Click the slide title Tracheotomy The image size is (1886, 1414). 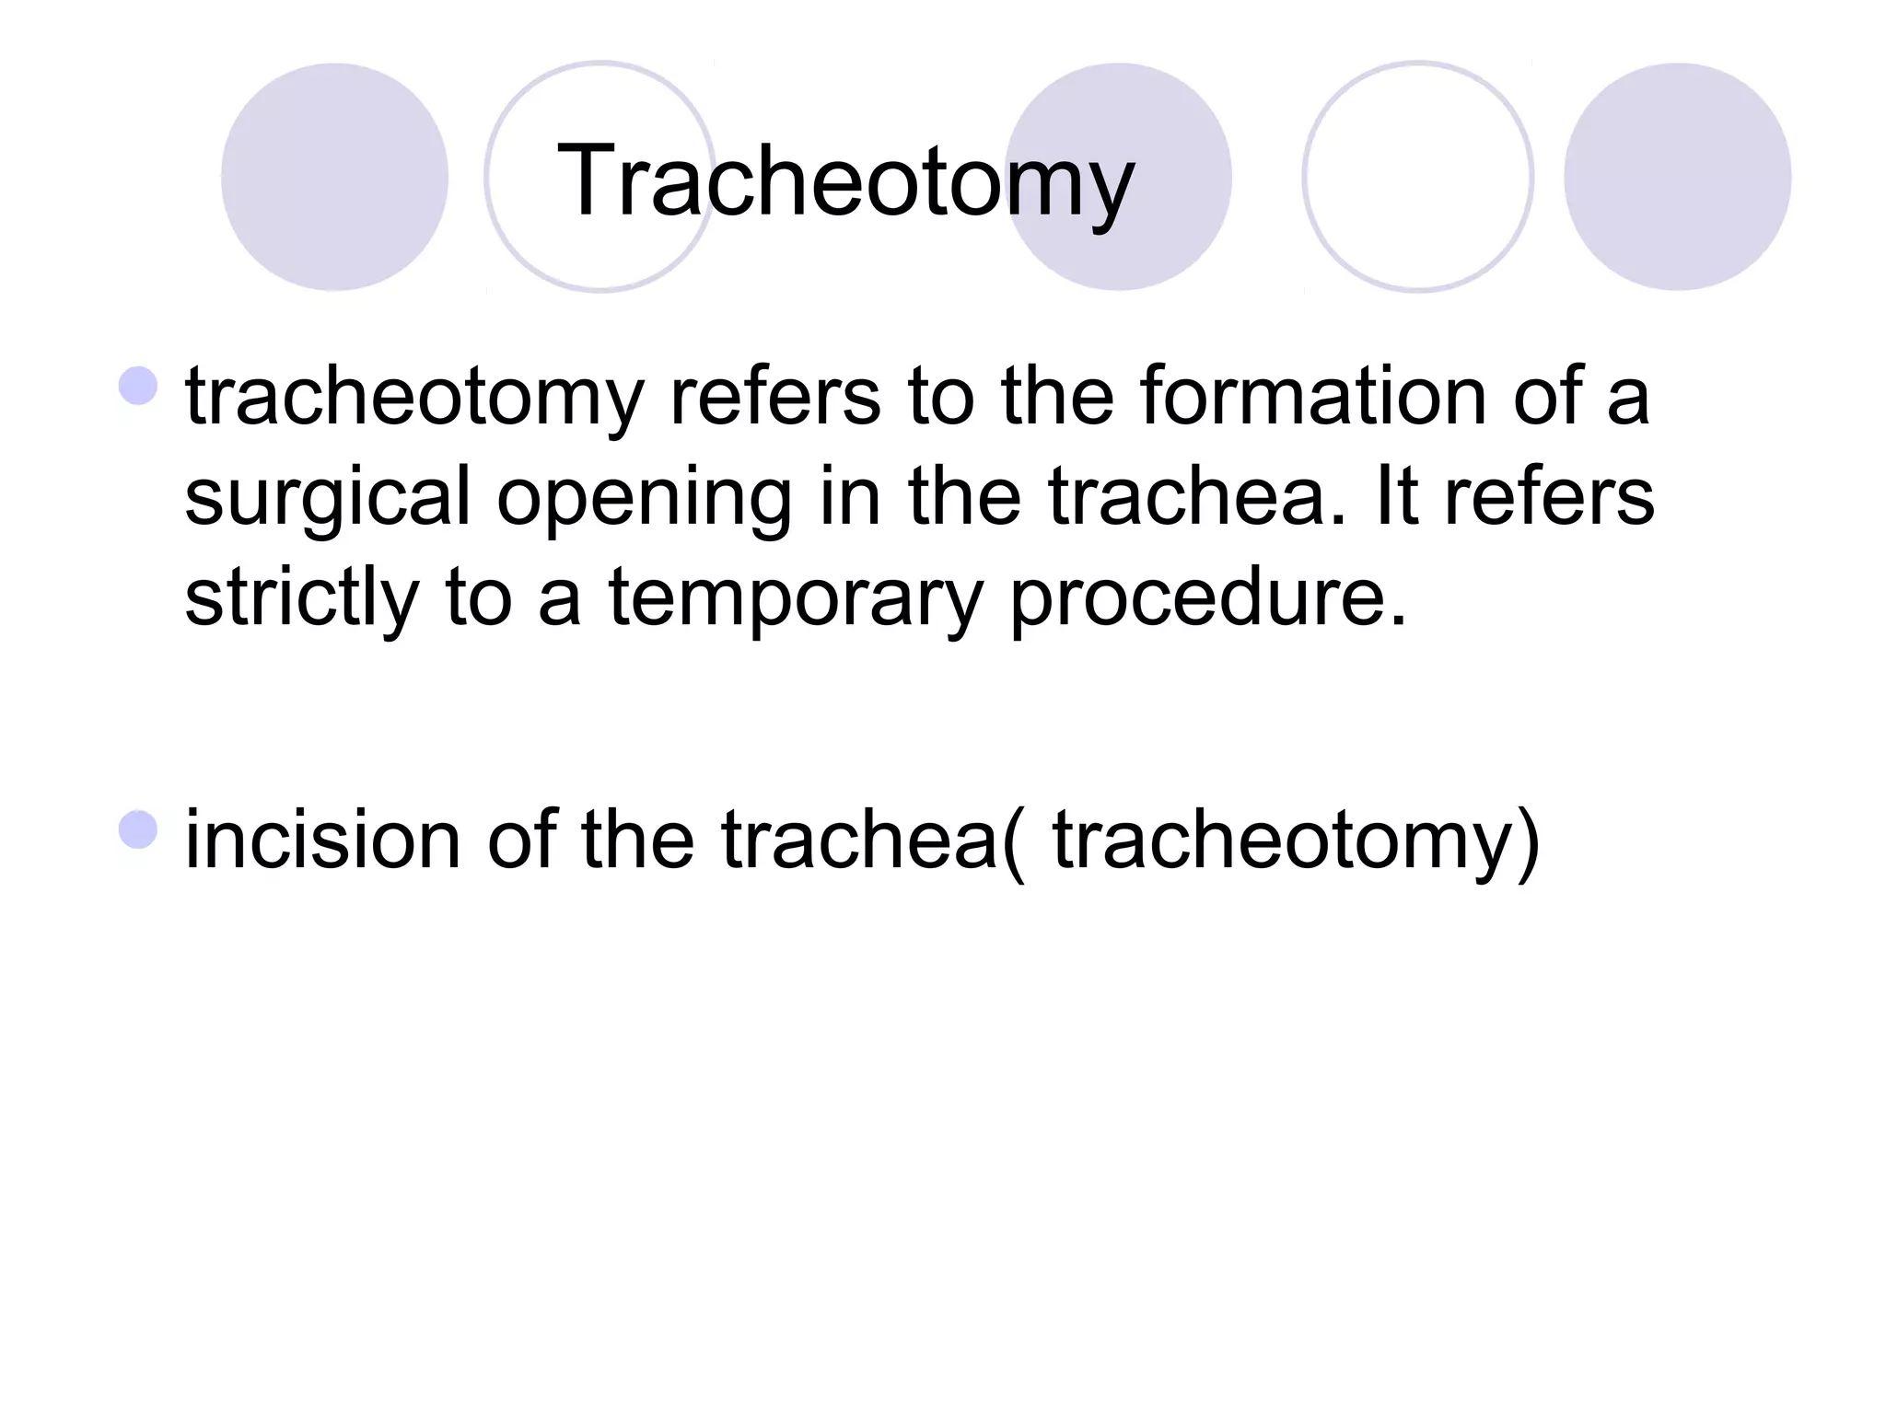click(x=845, y=181)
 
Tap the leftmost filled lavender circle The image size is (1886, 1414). click(x=334, y=177)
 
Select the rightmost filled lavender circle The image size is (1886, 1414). click(x=1677, y=177)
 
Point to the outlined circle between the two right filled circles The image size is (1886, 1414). click(x=1417, y=177)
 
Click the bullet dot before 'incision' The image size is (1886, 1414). click(x=138, y=829)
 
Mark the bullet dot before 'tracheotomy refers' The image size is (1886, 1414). click(x=138, y=386)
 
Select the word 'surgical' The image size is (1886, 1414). click(x=328, y=497)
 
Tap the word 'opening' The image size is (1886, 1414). click(x=644, y=497)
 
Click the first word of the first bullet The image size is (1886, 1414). click(x=413, y=397)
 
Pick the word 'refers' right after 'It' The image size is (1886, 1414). click(x=1549, y=497)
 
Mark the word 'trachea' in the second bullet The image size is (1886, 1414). click(x=860, y=840)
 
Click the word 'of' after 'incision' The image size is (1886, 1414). click(x=520, y=840)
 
